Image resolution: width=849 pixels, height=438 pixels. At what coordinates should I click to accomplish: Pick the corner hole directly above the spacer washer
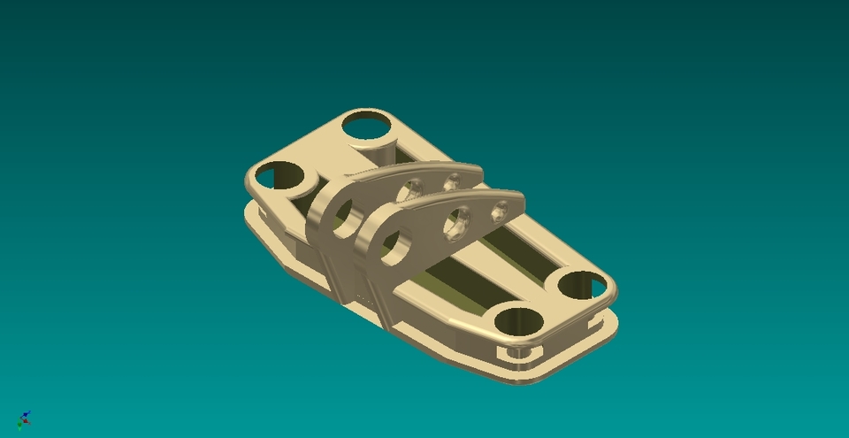point(520,321)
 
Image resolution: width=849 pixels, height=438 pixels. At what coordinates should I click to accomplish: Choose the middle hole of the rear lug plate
point(409,188)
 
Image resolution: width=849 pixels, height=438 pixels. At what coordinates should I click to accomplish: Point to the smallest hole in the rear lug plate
point(451,181)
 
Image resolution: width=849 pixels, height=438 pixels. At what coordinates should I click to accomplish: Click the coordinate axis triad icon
point(24,419)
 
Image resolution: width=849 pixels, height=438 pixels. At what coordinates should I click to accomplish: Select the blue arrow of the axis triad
point(27,414)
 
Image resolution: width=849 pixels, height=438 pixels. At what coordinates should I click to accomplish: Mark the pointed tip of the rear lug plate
point(478,171)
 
